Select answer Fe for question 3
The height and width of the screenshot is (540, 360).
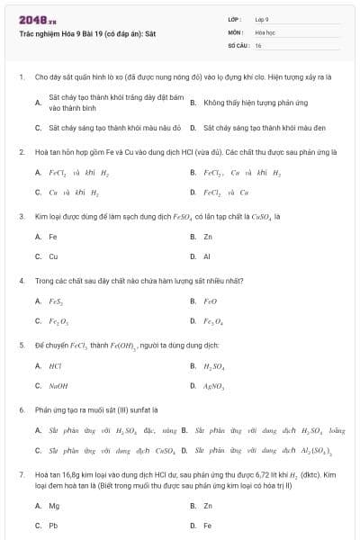tap(53, 237)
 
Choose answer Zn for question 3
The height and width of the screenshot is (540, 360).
tap(208, 237)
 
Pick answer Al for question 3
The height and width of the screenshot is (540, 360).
tap(207, 256)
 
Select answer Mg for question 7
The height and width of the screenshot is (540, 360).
tap(54, 506)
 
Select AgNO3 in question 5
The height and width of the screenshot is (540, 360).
tap(214, 385)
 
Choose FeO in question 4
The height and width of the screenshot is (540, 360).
tap(211, 301)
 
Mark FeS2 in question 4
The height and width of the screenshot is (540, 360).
tap(55, 301)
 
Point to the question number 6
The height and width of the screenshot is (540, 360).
tap(21, 409)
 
